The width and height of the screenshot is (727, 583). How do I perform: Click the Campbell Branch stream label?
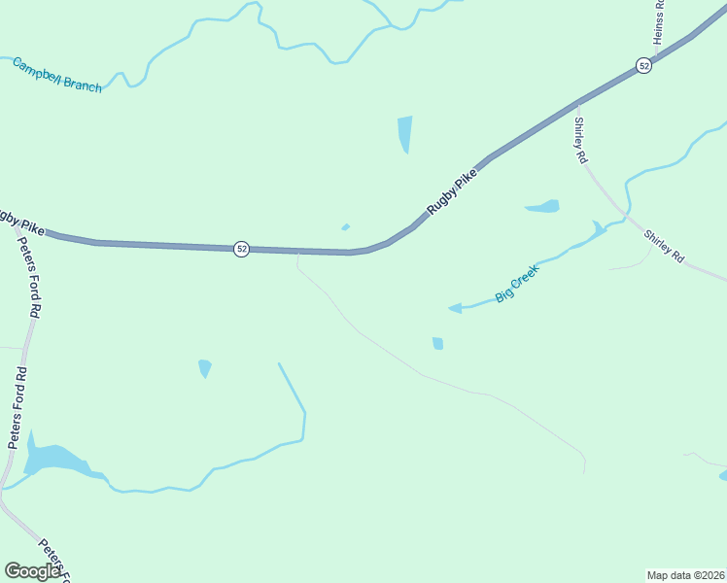(56, 75)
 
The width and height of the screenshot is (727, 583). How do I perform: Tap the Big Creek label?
(516, 283)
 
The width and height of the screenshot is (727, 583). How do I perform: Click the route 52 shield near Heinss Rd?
(643, 65)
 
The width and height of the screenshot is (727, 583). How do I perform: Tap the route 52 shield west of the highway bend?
(241, 249)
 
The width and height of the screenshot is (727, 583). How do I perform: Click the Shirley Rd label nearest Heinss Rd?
(581, 140)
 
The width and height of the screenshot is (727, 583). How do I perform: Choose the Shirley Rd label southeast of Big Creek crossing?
(665, 247)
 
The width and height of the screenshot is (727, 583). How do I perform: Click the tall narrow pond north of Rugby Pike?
(404, 134)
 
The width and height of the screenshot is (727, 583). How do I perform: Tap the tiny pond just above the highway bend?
(345, 227)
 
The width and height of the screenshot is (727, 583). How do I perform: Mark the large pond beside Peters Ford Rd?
(54, 459)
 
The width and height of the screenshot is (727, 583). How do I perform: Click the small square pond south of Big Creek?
(437, 343)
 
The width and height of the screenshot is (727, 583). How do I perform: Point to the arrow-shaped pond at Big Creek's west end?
(455, 308)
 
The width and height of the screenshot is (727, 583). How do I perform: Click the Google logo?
(32, 571)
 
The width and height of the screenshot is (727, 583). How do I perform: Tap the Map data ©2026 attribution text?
(685, 574)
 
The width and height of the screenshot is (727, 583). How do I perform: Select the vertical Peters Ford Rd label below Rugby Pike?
(31, 277)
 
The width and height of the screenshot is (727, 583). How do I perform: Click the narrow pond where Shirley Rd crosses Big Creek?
(597, 230)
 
